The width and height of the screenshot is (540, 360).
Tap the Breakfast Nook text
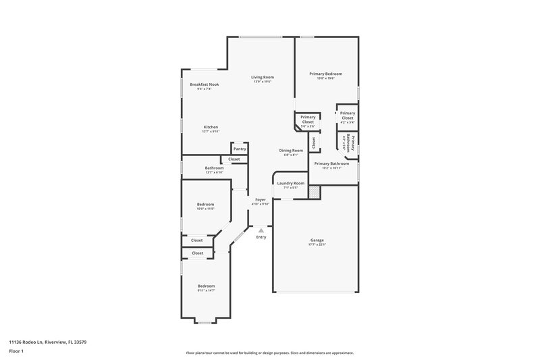pyautogui.click(x=204, y=84)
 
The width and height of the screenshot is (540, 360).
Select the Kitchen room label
pyautogui.click(x=211, y=127)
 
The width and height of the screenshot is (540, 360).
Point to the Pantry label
pyautogui.click(x=240, y=149)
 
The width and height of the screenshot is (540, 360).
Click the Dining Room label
pyautogui.click(x=292, y=150)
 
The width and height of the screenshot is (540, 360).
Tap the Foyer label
pyautogui.click(x=260, y=199)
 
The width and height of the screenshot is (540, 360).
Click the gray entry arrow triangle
pyautogui.click(x=261, y=230)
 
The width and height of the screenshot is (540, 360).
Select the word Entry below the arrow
pyautogui.click(x=261, y=237)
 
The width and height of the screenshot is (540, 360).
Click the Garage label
pyautogui.click(x=317, y=240)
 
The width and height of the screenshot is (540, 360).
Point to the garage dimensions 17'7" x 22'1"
pyautogui.click(x=317, y=245)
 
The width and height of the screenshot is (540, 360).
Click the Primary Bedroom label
pyautogui.click(x=325, y=74)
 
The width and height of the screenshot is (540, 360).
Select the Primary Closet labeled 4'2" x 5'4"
pyautogui.click(x=348, y=115)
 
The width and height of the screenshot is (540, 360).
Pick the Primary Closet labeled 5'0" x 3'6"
pyautogui.click(x=308, y=120)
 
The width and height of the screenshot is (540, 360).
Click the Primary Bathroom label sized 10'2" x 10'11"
pyautogui.click(x=331, y=163)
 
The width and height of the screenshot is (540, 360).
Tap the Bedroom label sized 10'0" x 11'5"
pyautogui.click(x=205, y=204)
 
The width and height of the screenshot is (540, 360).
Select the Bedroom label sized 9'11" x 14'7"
pyautogui.click(x=206, y=286)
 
